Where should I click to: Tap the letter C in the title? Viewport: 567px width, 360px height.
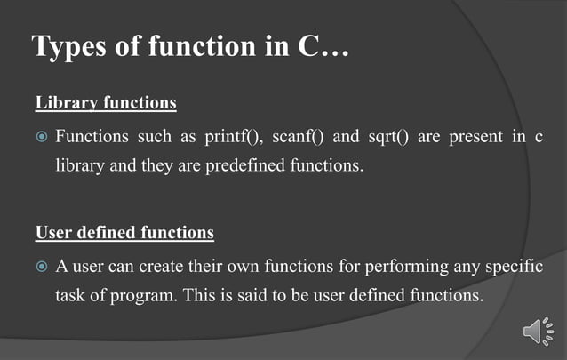coord(305,47)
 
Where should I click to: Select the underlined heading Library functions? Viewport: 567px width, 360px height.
coord(106,103)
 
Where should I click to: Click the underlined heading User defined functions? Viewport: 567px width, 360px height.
coord(124,233)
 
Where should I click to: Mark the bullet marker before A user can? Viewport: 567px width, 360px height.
coord(42,268)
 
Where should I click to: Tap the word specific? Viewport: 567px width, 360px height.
coord(516,268)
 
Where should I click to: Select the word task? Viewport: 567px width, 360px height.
coord(69,295)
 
